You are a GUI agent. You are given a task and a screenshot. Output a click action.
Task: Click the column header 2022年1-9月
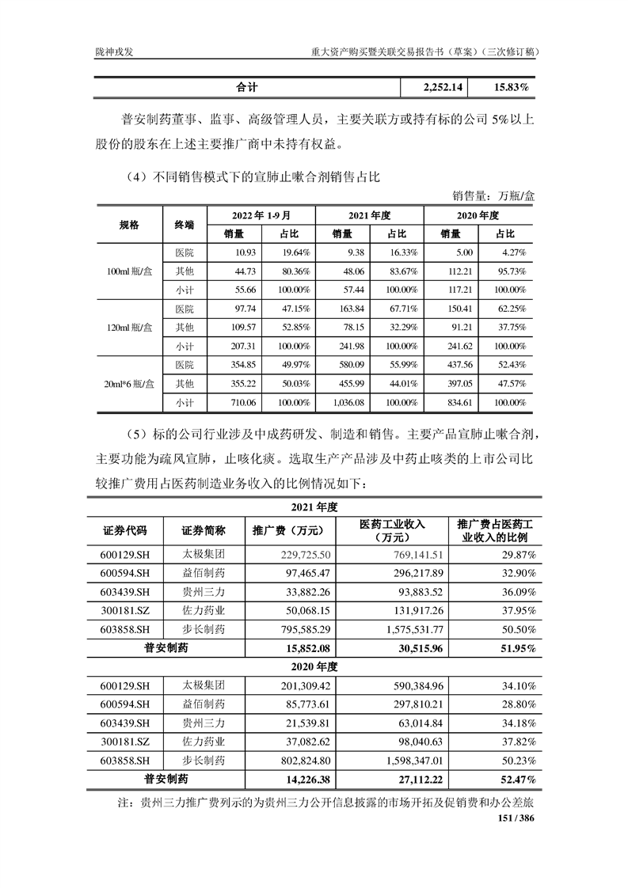261,215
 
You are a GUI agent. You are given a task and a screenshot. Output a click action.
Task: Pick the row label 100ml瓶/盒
130,271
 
